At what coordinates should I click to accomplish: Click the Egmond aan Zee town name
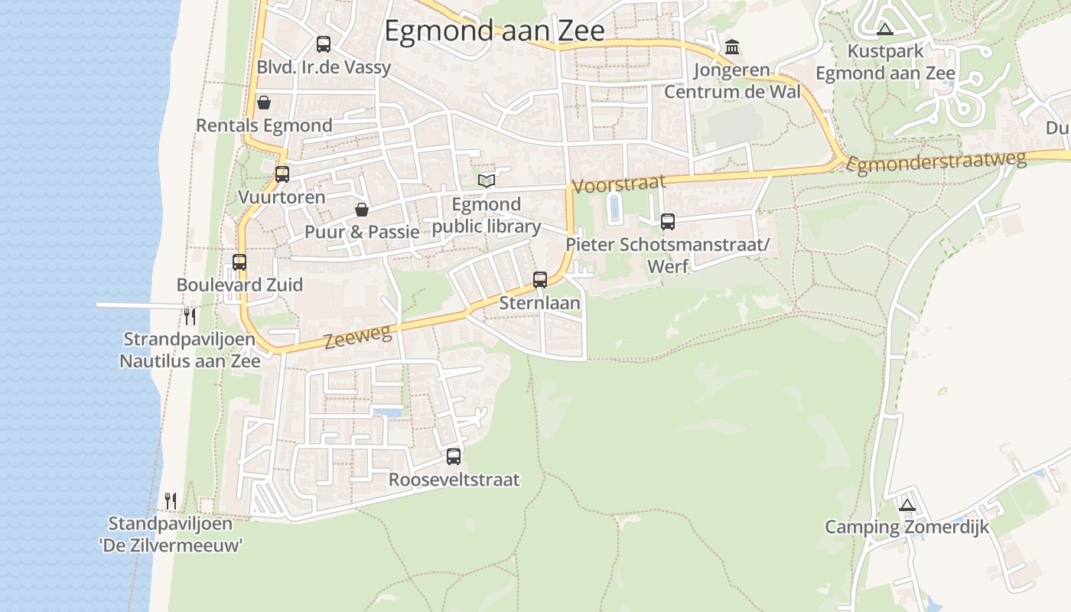pos(494,31)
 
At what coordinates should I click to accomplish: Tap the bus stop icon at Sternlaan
pos(540,280)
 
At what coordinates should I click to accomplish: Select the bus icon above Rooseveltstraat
pos(454,457)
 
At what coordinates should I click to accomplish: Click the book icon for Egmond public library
pos(487,181)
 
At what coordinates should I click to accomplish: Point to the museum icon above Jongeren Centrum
pos(732,47)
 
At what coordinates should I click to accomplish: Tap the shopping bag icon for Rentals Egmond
pos(264,103)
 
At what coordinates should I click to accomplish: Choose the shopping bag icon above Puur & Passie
pos(362,210)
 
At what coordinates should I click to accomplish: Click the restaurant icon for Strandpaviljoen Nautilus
pos(190,316)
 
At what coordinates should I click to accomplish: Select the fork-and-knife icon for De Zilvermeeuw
pos(171,501)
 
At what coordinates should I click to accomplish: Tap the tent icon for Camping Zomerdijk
pos(907,505)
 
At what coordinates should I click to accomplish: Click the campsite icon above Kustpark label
pos(885,29)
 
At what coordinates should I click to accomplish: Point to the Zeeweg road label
pos(358,336)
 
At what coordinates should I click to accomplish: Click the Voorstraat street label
pos(619,184)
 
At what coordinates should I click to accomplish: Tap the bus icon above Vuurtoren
pos(282,174)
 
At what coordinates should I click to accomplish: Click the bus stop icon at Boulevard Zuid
pos(239,262)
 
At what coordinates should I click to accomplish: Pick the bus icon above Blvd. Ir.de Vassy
pos(324,44)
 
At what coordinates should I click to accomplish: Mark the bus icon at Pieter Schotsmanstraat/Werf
pos(668,222)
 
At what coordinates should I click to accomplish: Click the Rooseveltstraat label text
pos(454,480)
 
